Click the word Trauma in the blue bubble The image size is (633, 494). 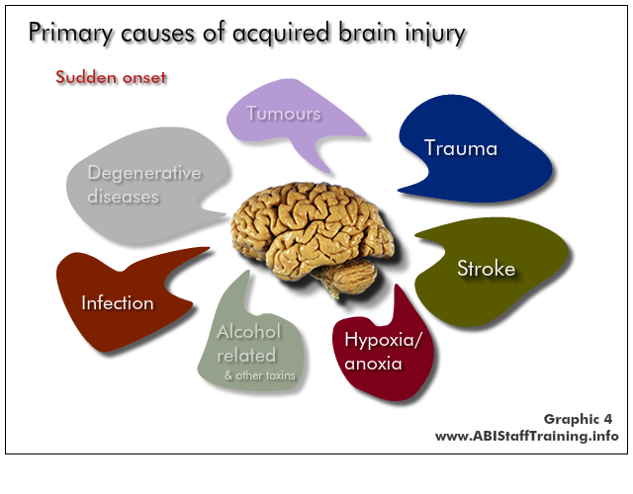(x=461, y=148)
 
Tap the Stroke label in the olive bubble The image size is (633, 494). (x=486, y=268)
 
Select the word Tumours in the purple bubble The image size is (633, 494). (x=284, y=114)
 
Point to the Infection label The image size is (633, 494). (x=118, y=303)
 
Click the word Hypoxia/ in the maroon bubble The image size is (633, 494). (x=383, y=340)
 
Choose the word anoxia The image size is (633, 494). (x=373, y=364)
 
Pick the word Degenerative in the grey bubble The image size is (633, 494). (x=144, y=174)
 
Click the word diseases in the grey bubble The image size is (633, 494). (x=123, y=197)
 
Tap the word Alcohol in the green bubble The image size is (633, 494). (x=248, y=332)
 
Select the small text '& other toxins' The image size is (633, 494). (x=260, y=375)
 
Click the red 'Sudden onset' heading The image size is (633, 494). (x=111, y=77)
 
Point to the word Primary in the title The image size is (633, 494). (x=71, y=33)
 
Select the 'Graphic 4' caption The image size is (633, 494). (x=578, y=419)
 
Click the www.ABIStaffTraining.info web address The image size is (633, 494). (x=527, y=436)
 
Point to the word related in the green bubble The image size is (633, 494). (x=246, y=356)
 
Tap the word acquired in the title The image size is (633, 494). (x=281, y=33)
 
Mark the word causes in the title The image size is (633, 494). (x=158, y=34)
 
